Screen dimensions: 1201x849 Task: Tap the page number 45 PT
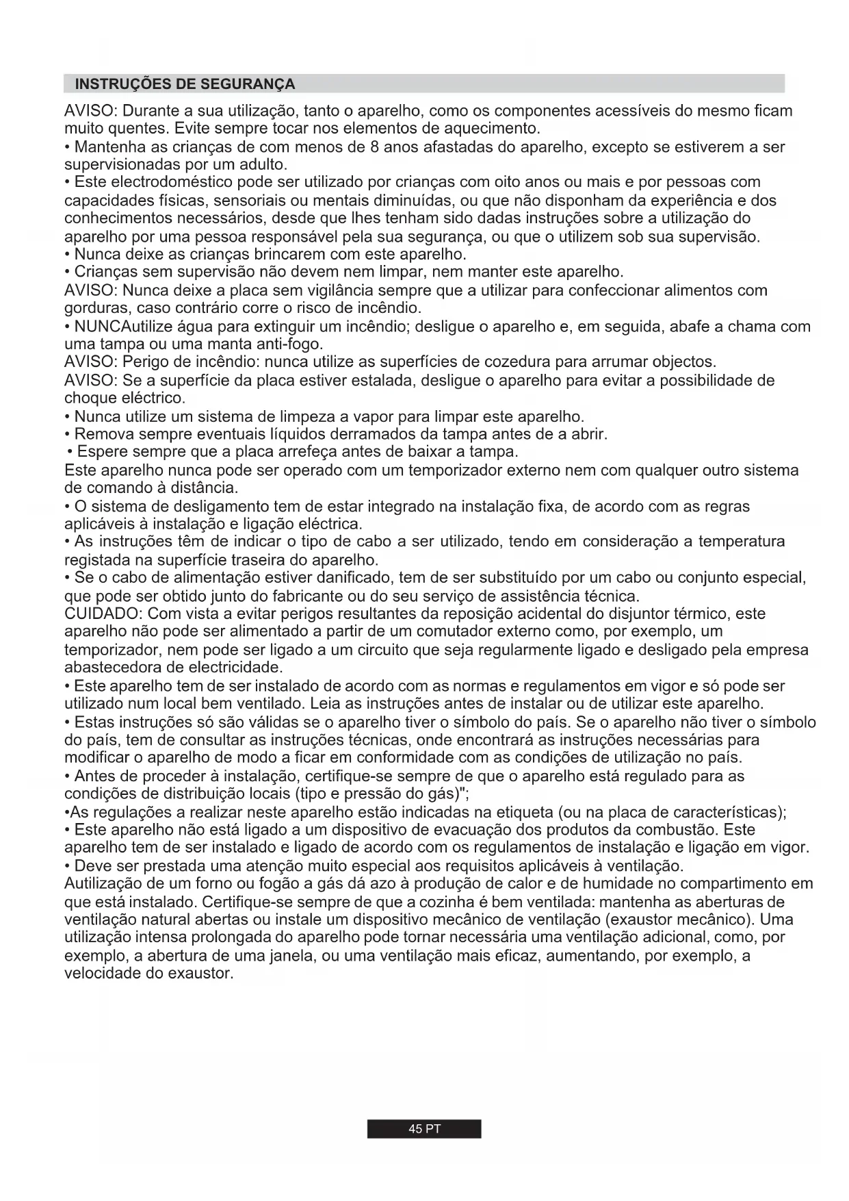point(424,1129)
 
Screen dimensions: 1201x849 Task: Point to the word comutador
point(415,631)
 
